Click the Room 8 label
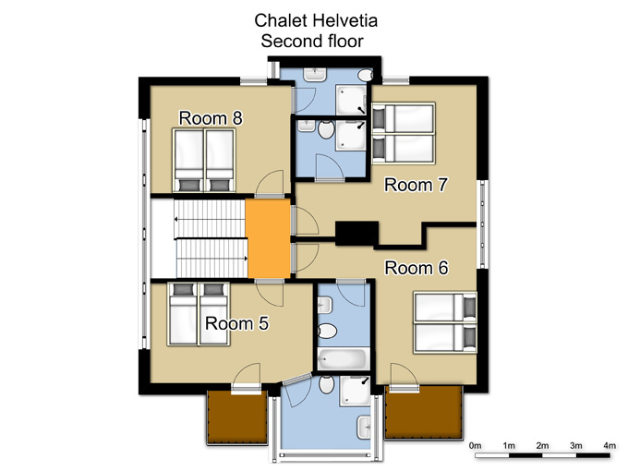pyautogui.click(x=211, y=118)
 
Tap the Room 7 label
pyautogui.click(x=416, y=185)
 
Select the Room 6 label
pyautogui.click(x=417, y=268)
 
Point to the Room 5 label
pyautogui.click(x=236, y=323)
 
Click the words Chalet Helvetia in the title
pyautogui.click(x=316, y=20)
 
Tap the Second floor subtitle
pyautogui.click(x=312, y=41)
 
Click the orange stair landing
pyautogui.click(x=269, y=238)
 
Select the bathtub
pyautogui.click(x=344, y=358)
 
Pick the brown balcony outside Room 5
pyautogui.click(x=236, y=417)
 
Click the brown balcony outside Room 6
pyautogui.click(x=423, y=412)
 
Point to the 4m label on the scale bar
pyautogui.click(x=610, y=445)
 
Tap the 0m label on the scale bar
pyautogui.click(x=475, y=445)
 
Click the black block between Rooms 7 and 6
pyautogui.click(x=356, y=233)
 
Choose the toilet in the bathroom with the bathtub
pyautogui.click(x=327, y=332)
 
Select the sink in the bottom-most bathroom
pyautogui.click(x=364, y=428)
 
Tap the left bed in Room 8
pyautogui.click(x=188, y=160)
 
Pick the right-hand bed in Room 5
pyautogui.click(x=214, y=314)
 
